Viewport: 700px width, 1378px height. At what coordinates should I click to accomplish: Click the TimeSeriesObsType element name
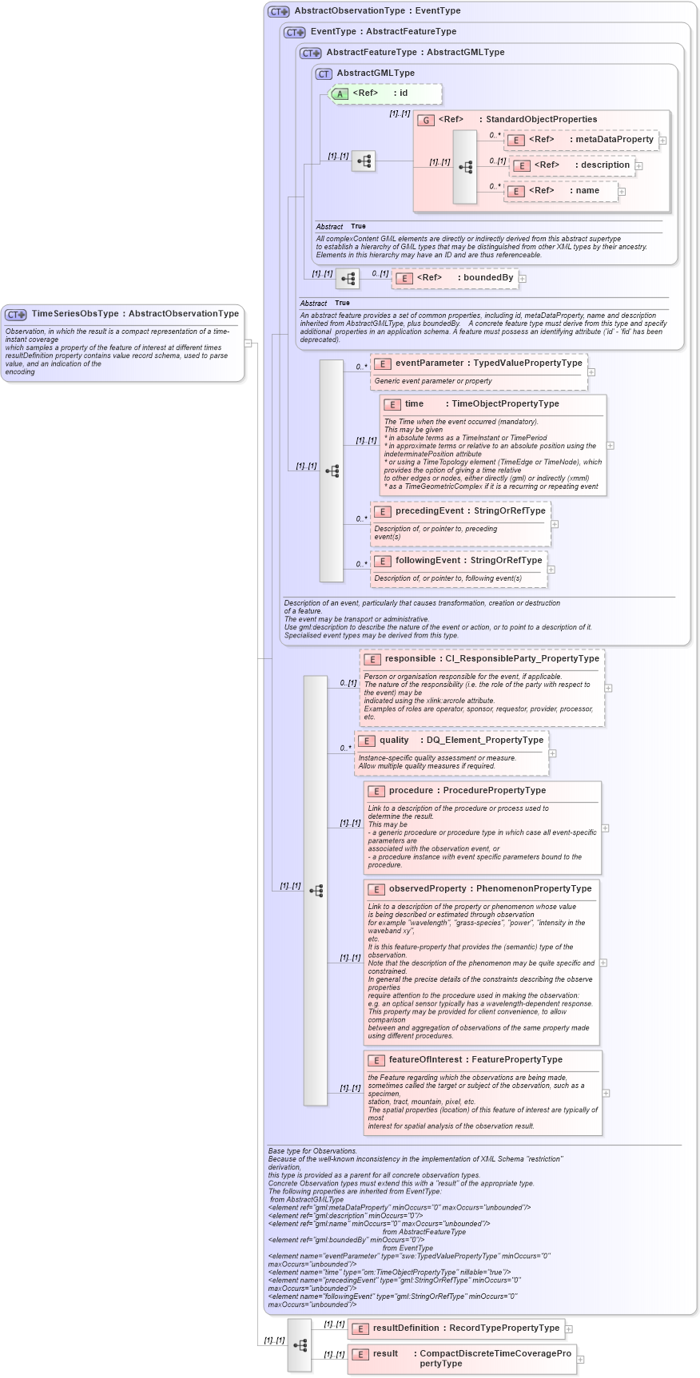75,314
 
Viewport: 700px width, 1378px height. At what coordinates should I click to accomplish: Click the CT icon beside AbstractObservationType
278,11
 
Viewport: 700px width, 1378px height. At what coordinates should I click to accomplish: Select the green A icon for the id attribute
340,94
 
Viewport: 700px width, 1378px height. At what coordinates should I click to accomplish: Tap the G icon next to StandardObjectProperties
426,120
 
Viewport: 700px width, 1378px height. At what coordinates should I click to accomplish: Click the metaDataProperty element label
614,140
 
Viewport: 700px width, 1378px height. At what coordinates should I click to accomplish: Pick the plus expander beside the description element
639,166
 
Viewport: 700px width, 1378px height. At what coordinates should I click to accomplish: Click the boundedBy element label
487,278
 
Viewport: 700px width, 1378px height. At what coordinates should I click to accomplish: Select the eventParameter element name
430,363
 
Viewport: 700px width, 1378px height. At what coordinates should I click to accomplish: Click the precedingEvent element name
429,511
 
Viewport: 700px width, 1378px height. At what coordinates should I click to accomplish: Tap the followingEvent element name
428,561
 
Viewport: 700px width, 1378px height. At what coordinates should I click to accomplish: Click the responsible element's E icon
372,660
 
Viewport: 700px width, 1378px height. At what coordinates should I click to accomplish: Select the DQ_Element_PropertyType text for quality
484,741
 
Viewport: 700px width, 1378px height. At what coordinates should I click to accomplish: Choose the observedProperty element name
428,889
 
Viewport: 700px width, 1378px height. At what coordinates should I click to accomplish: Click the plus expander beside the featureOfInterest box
607,1093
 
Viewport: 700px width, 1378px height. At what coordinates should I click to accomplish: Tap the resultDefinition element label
406,1328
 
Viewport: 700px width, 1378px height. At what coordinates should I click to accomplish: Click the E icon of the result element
360,1355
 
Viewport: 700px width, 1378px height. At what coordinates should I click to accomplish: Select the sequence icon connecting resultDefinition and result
300,1345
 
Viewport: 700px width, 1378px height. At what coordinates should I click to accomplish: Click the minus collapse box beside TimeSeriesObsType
249,344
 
